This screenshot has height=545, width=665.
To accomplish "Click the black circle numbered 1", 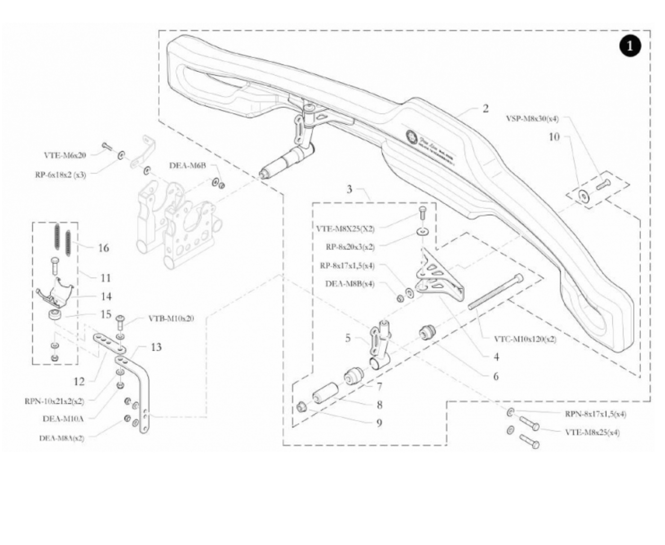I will (630, 46).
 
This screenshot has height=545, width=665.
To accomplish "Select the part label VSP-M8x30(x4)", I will (532, 118).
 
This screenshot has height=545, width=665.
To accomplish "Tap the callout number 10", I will (554, 137).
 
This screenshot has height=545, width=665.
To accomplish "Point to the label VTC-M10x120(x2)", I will (525, 339).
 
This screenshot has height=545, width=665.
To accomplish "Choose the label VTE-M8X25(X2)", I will (345, 228).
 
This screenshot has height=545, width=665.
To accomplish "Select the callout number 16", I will (103, 248).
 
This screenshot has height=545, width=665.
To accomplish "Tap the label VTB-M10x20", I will (171, 318).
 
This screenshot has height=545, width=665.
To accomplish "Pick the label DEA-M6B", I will (188, 165).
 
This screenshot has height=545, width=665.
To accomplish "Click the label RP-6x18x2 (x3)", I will (60, 174).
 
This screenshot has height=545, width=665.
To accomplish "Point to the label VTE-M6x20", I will (65, 155).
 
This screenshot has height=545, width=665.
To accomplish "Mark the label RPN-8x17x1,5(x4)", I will (595, 414).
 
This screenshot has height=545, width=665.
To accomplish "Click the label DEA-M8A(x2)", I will (61, 438).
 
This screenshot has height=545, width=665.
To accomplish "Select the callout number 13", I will (156, 347).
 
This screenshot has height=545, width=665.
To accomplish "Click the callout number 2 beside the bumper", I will (485, 109).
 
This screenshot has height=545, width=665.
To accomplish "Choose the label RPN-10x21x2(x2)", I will (54, 401).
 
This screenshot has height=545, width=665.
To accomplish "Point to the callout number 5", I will (348, 338).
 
